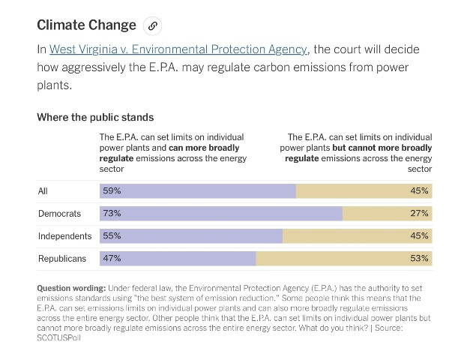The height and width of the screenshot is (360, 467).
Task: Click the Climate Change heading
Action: tap(86, 25)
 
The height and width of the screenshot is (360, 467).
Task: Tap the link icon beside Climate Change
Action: tap(152, 25)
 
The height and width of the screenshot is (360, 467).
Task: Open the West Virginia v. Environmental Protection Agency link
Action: tap(178, 49)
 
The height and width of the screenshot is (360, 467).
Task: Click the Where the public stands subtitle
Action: tap(95, 118)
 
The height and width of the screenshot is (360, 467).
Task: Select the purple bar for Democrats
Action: tap(221, 213)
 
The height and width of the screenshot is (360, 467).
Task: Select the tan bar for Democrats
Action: tap(387, 213)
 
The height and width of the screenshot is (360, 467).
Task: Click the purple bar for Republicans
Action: tap(178, 259)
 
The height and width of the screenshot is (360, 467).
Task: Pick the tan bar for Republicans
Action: tap(344, 259)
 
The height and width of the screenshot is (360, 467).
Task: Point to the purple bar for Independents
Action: tap(191, 235)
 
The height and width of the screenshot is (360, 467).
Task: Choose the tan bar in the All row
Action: tap(364, 190)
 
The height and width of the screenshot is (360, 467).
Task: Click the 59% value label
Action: tap(112, 190)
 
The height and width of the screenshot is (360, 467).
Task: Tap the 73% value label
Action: tap(112, 213)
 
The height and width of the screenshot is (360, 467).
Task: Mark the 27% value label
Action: tap(419, 213)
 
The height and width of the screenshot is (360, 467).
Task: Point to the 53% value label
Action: tap(419, 259)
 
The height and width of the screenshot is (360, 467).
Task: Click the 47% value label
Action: tap(112, 259)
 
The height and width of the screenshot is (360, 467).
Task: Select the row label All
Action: tap(43, 191)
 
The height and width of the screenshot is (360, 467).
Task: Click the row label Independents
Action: tap(64, 236)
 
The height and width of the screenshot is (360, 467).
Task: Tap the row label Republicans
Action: tap(62, 259)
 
